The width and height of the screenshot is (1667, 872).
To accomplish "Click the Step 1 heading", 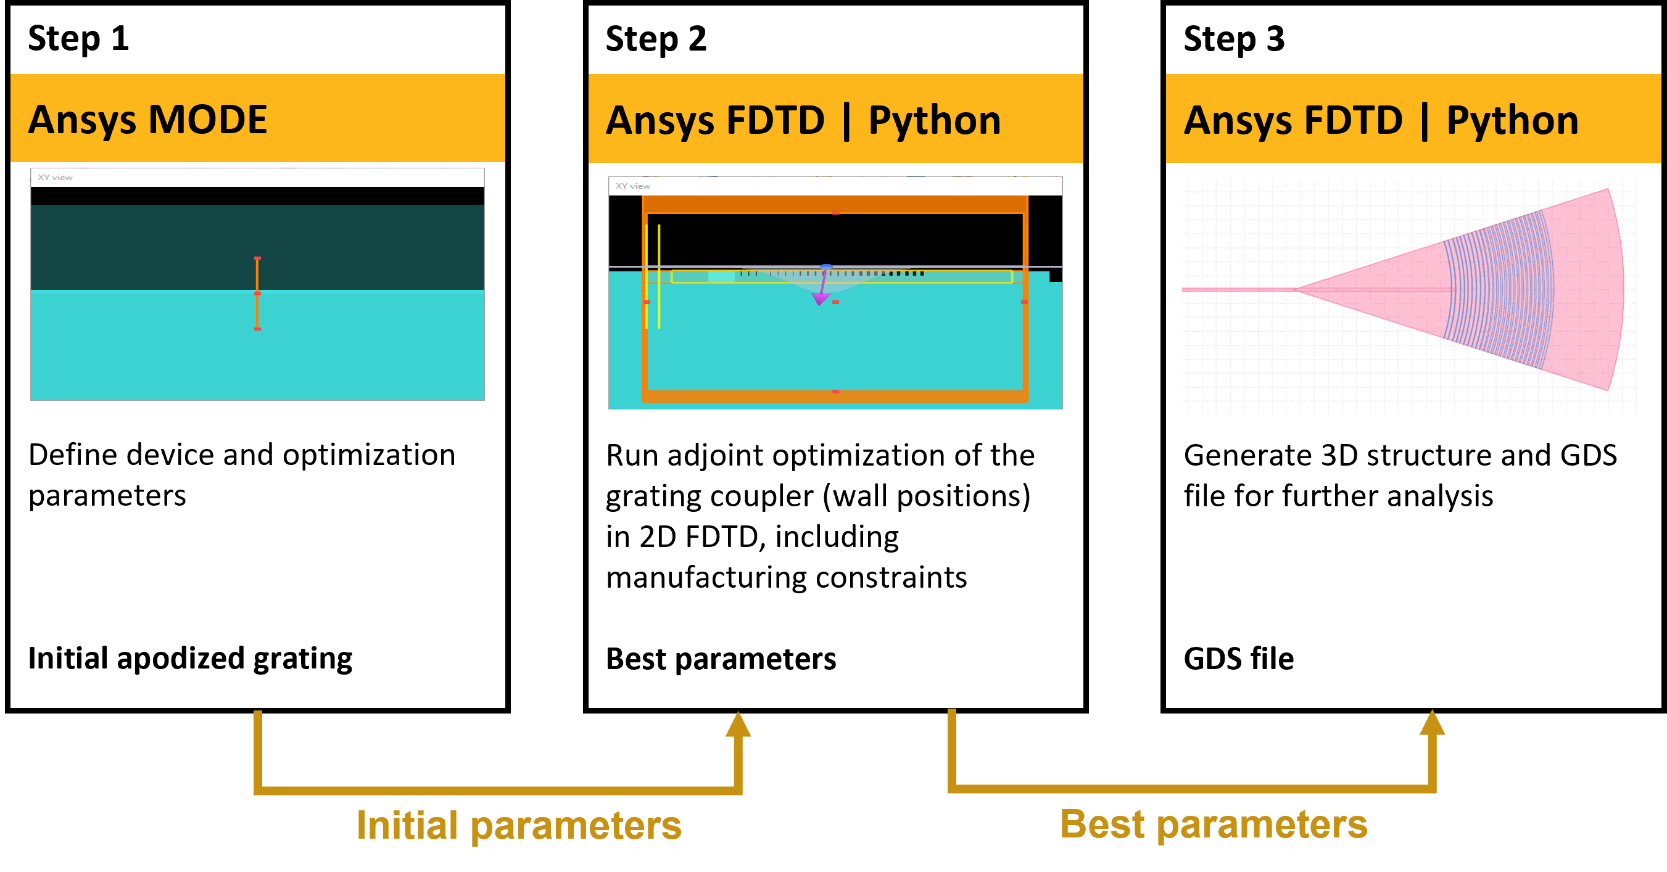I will (x=78, y=39).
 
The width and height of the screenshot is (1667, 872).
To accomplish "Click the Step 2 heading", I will (x=656, y=39).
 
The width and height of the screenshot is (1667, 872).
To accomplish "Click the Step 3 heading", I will (x=1233, y=39).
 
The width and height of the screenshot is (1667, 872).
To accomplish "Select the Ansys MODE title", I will (x=147, y=120).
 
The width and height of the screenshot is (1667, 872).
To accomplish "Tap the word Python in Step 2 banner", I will (x=934, y=121).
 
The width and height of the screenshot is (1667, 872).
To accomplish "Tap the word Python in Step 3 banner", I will (x=1512, y=121).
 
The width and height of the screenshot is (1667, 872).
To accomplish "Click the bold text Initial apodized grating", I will (x=190, y=659).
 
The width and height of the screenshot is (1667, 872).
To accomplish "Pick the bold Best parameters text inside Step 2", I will (x=721, y=659).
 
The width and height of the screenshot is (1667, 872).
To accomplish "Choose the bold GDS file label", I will (x=1238, y=659).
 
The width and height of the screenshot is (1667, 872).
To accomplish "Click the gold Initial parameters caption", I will (x=519, y=826).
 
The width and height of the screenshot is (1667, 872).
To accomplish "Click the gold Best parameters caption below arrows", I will (x=1214, y=825).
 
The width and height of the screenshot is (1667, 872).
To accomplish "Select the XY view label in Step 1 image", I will (x=55, y=177).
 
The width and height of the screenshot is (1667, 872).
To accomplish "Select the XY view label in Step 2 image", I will (x=632, y=186).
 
